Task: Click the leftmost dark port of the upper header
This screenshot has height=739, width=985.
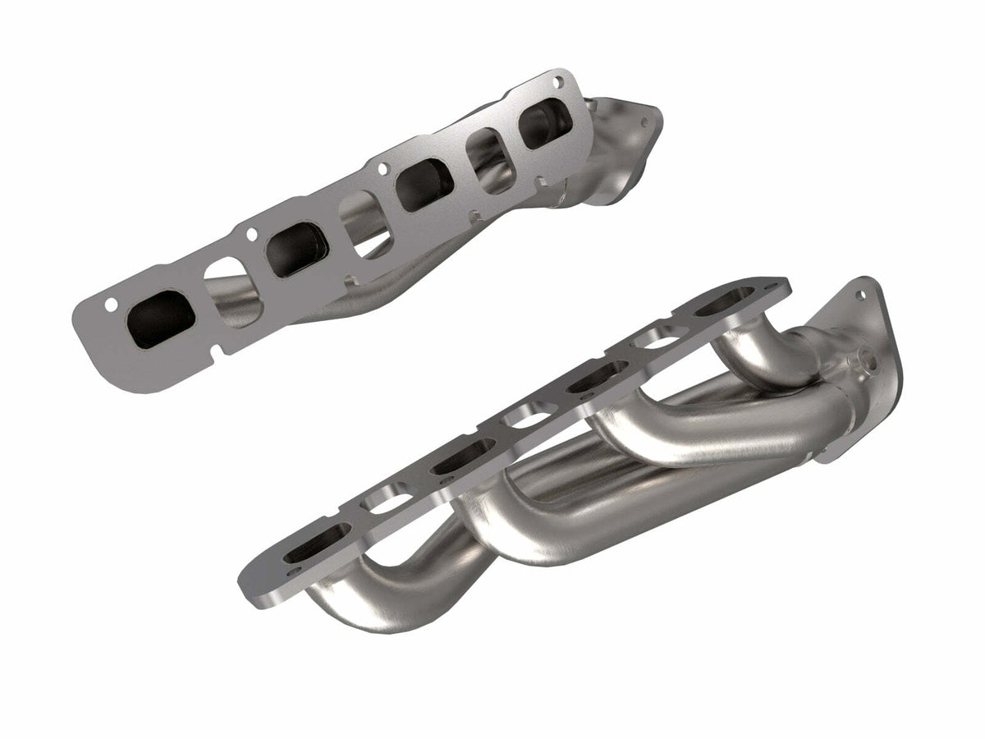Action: tap(162, 316)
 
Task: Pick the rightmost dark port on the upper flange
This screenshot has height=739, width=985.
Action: tap(544, 123)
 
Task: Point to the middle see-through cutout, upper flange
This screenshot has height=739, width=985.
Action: tap(360, 215)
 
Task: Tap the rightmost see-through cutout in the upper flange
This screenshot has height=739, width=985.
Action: tap(488, 154)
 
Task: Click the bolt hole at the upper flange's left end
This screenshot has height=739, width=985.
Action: tap(110, 305)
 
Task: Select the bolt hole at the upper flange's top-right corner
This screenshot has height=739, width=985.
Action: tap(559, 83)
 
